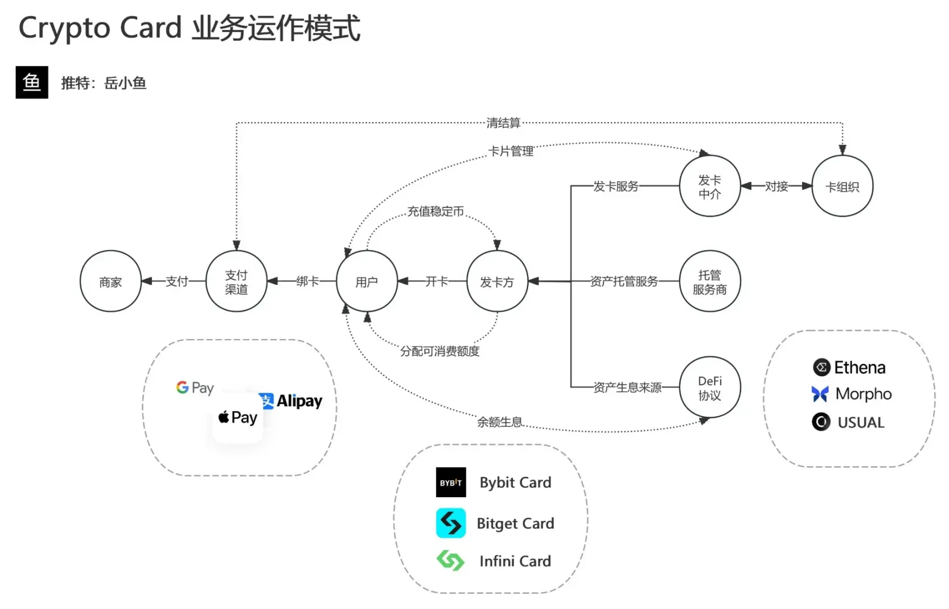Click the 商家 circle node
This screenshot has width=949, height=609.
point(110,281)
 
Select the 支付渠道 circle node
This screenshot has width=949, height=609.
point(236,281)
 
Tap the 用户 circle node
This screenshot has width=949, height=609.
point(367,281)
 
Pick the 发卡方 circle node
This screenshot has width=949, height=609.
point(497,281)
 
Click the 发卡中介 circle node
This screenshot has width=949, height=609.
point(709,186)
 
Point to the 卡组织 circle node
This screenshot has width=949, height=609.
point(842,186)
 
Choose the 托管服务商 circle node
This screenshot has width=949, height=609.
point(709,281)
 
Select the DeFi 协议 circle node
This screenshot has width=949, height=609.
point(709,388)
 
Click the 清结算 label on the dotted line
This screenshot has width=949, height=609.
point(503,123)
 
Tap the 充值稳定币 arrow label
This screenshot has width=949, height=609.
point(436,211)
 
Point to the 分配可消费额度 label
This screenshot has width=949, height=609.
point(439,351)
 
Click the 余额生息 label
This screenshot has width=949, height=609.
point(499,421)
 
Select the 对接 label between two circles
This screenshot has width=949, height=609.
point(776,186)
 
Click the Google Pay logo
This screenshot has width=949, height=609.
point(195,388)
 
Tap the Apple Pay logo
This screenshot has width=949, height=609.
point(238,417)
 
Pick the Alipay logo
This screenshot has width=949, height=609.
point(291,401)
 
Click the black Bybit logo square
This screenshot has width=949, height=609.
point(451,482)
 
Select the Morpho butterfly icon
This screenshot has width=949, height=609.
point(820,394)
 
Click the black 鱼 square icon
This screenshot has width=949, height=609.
point(32,82)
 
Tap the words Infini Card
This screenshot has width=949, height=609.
point(515,561)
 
